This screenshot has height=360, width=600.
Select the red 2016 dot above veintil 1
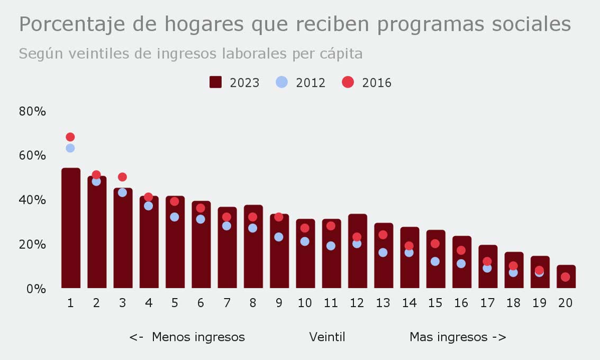(x=70, y=137)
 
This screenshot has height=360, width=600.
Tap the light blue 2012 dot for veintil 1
(x=70, y=148)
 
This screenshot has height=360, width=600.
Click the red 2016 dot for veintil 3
(x=122, y=177)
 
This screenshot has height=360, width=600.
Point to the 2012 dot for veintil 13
(x=383, y=253)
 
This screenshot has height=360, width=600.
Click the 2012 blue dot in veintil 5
(x=175, y=217)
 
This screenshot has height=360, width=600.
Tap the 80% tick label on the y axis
(x=33, y=112)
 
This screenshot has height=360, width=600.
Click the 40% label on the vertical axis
(x=33, y=200)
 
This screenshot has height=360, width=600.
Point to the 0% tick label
(x=36, y=289)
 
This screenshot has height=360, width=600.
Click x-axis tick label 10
(x=305, y=303)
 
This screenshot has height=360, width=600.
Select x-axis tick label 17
(x=487, y=303)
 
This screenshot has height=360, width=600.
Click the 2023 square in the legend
(x=215, y=82)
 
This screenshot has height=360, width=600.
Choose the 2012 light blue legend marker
(x=282, y=82)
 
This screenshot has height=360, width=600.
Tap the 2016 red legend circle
(x=348, y=82)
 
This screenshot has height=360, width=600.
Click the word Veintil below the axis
(x=327, y=337)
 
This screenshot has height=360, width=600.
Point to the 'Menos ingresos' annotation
(x=198, y=337)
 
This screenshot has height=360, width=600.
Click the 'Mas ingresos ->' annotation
(x=458, y=337)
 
